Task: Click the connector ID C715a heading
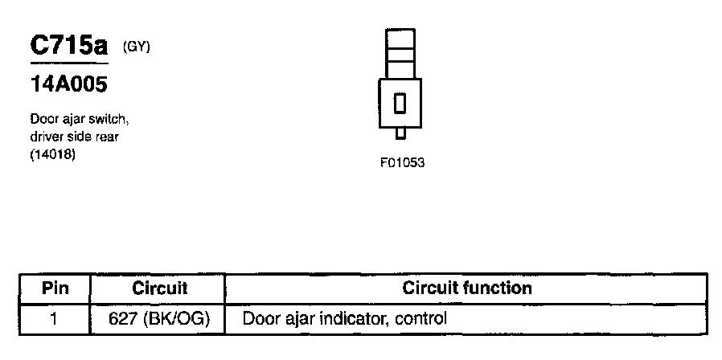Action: point(69,45)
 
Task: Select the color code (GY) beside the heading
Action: point(137,47)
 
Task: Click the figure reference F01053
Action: point(402,162)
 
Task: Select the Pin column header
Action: point(55,288)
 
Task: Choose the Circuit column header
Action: point(159,288)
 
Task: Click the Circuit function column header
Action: point(466,288)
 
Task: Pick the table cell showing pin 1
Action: point(55,318)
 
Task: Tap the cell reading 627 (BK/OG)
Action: point(159,318)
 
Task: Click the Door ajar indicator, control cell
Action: point(344,318)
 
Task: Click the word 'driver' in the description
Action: point(45,137)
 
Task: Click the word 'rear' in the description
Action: point(107,137)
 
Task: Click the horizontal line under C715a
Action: point(69,63)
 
